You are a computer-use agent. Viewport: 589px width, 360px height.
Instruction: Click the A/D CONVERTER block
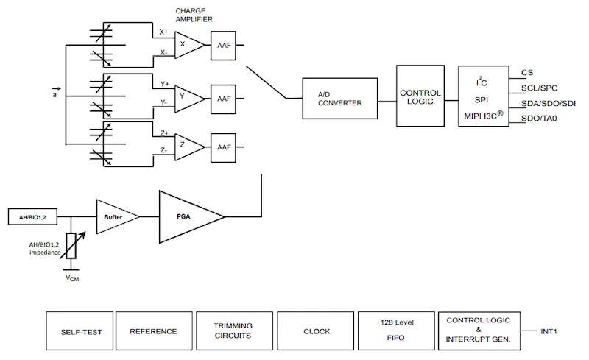pyautogui.click(x=339, y=99)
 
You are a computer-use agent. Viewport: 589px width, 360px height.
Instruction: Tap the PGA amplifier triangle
pyautogui.click(x=188, y=216)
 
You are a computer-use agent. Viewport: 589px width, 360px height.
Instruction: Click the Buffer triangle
pyautogui.click(x=116, y=216)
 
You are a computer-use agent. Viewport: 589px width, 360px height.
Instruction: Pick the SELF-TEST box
pyautogui.click(x=80, y=331)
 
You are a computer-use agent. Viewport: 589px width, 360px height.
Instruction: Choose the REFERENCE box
pyautogui.click(x=153, y=331)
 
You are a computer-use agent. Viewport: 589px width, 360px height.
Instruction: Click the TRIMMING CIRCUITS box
pyautogui.click(x=233, y=331)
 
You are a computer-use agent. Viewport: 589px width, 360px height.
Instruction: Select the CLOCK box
pyautogui.click(x=317, y=331)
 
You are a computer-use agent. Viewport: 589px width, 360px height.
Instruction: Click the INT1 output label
pyautogui.click(x=549, y=331)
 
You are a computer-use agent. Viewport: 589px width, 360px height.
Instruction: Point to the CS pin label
pyautogui.click(x=526, y=72)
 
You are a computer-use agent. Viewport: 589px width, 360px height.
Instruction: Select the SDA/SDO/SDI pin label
pyautogui.click(x=548, y=104)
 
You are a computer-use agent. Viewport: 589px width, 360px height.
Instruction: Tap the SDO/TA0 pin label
pyautogui.click(x=538, y=119)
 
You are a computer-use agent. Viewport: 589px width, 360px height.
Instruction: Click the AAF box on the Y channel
pyautogui.click(x=223, y=98)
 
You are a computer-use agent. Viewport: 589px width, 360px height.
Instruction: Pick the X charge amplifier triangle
pyautogui.click(x=188, y=45)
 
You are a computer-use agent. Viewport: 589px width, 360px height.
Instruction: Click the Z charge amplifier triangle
pyautogui.click(x=188, y=146)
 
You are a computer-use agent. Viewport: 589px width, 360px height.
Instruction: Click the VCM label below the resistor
pyautogui.click(x=70, y=280)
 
